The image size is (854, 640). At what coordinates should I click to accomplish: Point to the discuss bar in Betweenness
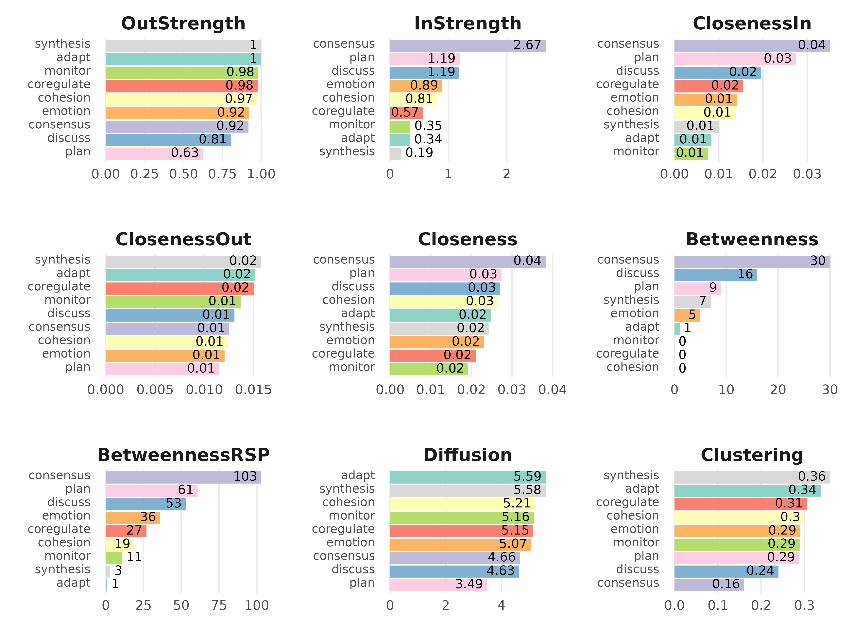click(x=715, y=275)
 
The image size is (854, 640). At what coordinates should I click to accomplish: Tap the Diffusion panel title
click(x=468, y=455)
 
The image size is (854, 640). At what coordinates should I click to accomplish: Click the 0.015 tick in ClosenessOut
click(x=253, y=390)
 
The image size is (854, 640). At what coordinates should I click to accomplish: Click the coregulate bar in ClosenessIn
click(x=709, y=86)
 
